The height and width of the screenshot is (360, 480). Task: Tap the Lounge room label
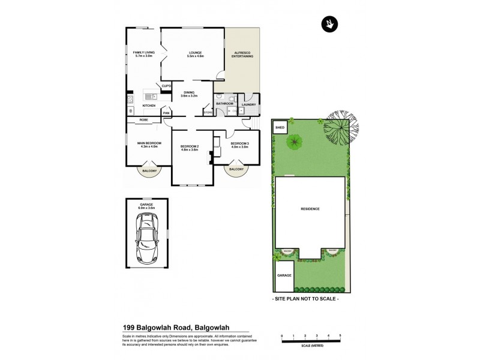tap(196, 54)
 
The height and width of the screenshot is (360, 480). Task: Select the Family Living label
tap(144, 54)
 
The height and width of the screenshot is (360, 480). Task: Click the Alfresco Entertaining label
tap(243, 54)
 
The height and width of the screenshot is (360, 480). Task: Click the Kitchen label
tap(149, 106)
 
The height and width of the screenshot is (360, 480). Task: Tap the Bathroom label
tap(224, 104)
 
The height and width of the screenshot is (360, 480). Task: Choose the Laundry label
tap(248, 105)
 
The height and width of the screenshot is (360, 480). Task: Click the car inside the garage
tap(146, 239)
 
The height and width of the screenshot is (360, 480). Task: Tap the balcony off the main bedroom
tap(149, 171)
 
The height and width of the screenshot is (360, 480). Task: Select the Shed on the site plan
tap(280, 128)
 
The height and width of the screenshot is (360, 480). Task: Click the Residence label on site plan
tap(310, 209)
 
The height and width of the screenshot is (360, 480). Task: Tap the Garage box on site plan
tap(284, 275)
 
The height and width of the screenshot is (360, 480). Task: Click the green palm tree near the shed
tap(294, 142)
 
